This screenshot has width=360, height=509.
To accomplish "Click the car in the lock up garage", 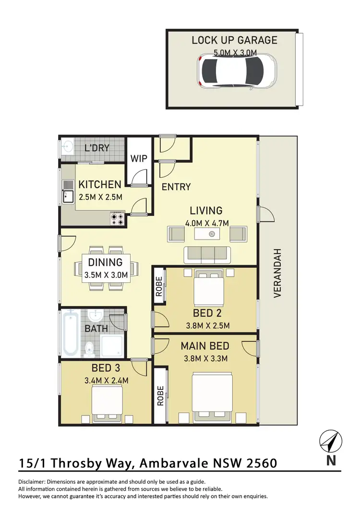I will click(237, 71).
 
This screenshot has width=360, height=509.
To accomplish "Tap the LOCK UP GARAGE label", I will click(234, 40).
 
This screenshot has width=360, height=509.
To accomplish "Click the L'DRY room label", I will click(97, 148).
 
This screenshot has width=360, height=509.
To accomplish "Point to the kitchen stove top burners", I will click(118, 218).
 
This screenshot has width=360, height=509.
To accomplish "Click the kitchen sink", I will click(67, 196).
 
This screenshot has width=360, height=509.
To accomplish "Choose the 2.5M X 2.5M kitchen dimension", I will click(100, 196).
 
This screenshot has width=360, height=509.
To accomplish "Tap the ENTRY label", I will click(176, 187).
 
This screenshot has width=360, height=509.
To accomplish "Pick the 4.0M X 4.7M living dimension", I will click(206, 222).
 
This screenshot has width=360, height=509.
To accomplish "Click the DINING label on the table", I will click(105, 263).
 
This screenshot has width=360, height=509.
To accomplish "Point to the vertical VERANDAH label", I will click(277, 274).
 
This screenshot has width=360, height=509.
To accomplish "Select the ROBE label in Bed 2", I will click(159, 285).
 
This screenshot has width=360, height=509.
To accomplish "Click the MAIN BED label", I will click(205, 346).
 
